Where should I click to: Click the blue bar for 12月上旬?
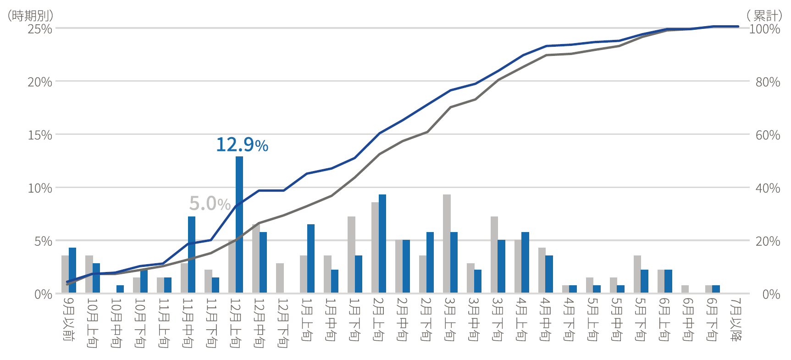coord(239,225)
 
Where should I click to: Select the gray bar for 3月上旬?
coord(447,244)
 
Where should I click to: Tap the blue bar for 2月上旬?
coord(382,244)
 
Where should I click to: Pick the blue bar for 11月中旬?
coord(192,255)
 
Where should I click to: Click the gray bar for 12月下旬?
coord(280,278)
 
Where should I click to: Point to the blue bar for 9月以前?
coord(72,270)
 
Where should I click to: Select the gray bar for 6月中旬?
coord(685,289)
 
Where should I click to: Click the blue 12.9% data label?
coord(242,145)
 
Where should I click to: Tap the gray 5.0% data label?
coord(210,203)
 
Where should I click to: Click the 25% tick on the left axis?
coord(40,29)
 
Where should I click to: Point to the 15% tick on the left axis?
coord(40,135)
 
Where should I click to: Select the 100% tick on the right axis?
coord(764,29)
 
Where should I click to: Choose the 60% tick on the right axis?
coord(768,135)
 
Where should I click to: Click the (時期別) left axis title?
coord(30,16)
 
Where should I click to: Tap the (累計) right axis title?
coord(764,16)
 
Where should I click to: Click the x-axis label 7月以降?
coord(736,319)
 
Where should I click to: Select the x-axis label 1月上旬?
coord(306,319)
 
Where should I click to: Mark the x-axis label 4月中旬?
coord(545,319)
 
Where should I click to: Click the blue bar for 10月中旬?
coord(120,289)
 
